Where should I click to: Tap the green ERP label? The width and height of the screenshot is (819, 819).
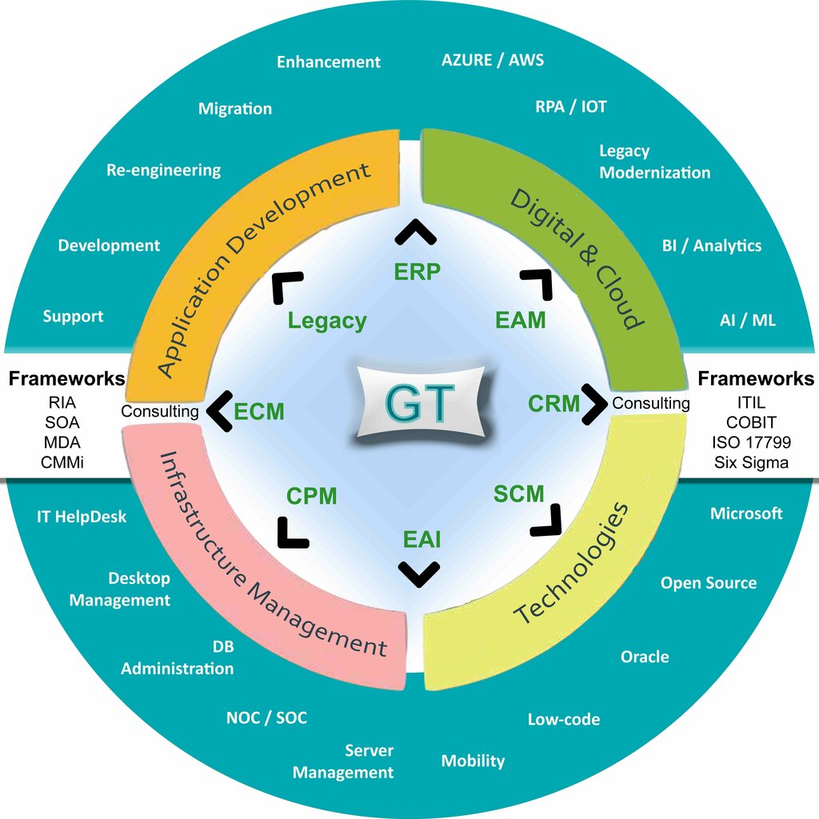tap(417, 272)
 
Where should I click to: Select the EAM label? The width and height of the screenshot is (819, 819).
tap(520, 320)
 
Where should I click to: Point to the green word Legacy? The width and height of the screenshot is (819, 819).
tap(327, 321)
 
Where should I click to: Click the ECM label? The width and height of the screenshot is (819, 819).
tap(259, 411)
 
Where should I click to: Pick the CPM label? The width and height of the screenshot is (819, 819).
tap(312, 496)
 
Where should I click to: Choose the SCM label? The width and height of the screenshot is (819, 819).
tap(518, 494)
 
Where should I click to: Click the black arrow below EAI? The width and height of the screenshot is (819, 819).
tap(419, 573)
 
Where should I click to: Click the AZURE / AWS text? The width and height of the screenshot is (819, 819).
tap(493, 60)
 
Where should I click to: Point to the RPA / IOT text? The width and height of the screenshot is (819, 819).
tap(571, 106)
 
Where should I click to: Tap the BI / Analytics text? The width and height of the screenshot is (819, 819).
tap(711, 246)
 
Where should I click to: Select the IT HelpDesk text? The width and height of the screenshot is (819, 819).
tap(82, 517)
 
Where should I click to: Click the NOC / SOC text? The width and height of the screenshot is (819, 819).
tap(266, 717)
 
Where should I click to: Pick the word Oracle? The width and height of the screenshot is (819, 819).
tap(645, 657)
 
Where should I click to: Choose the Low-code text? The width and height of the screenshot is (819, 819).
tap(563, 720)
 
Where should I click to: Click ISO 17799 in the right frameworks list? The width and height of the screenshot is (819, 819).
tap(749, 442)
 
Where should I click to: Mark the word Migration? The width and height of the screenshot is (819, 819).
tap(235, 109)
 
